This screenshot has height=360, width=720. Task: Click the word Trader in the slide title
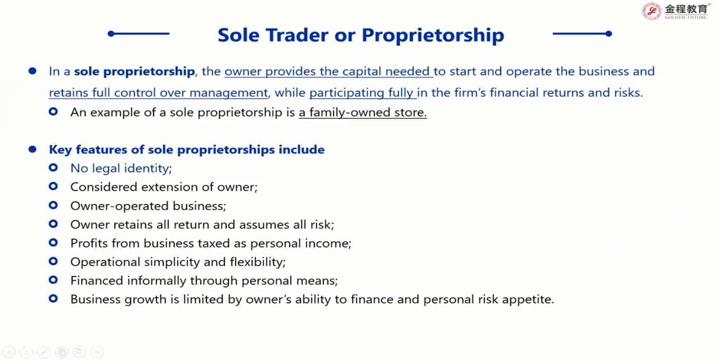(x=297, y=35)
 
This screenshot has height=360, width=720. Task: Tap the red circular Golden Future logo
(x=651, y=11)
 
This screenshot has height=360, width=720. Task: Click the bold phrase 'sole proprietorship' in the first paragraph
(x=134, y=72)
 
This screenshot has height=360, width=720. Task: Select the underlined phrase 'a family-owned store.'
(x=362, y=112)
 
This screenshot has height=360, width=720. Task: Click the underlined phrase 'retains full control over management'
(x=158, y=93)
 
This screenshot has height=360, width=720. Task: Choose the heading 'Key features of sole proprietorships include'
(x=187, y=150)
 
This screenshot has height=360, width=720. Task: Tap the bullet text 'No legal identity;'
(x=121, y=168)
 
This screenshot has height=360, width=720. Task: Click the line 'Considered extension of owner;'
(x=164, y=187)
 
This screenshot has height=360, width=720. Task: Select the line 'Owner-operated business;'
(x=148, y=206)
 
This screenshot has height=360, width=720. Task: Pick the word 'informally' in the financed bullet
(x=156, y=281)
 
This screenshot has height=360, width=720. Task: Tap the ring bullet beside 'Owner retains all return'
(x=53, y=224)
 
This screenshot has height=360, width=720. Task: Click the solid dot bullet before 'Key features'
(x=33, y=149)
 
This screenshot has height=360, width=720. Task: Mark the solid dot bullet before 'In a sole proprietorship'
(x=33, y=71)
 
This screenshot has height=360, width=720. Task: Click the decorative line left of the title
(x=139, y=34)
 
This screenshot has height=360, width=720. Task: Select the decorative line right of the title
(x=582, y=34)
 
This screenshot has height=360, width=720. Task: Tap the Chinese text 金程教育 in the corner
(x=686, y=9)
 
